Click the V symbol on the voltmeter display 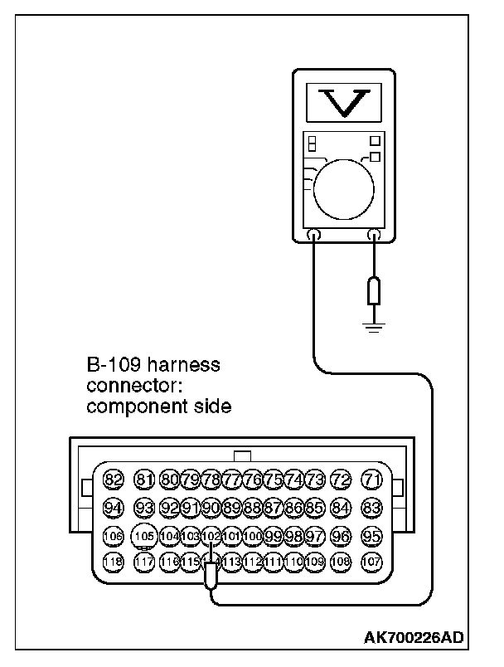coord(342,102)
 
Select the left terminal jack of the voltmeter coord(314,235)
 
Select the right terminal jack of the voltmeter coord(373,235)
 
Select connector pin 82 coord(114,480)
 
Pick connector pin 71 coord(372,480)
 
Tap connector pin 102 coord(211,535)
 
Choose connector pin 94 coord(114,507)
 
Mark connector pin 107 coord(372,562)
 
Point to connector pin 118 coord(114,562)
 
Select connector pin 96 coord(340,535)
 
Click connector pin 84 coord(340,507)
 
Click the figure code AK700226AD coord(414,638)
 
